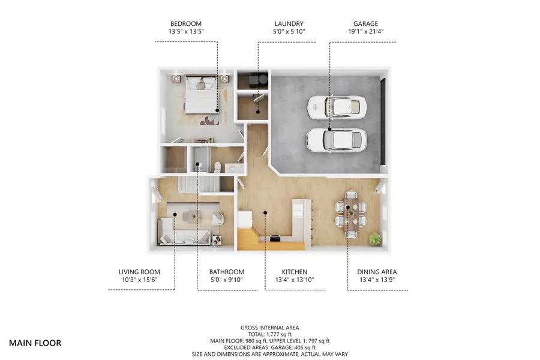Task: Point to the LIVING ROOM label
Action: click(x=139, y=272)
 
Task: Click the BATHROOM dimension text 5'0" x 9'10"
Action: click(x=226, y=280)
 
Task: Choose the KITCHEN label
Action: click(x=294, y=272)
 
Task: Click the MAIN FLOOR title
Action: click(x=35, y=343)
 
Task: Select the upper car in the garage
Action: click(x=335, y=108)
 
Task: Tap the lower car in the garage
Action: click(x=335, y=139)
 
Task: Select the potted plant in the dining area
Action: click(x=376, y=239)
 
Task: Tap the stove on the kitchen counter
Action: click(x=275, y=238)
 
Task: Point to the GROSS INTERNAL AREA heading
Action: click(x=269, y=328)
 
